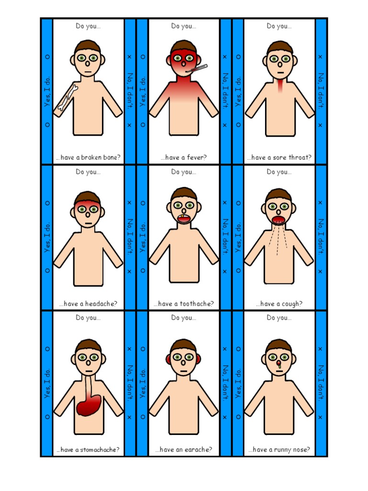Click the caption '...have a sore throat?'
pos(279,157)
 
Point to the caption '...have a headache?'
pos(88,304)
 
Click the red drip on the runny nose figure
pos(279,366)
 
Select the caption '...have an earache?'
pos(184,450)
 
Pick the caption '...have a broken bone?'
pos(88,157)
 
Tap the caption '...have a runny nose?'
pos(279,450)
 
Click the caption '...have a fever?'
pos(184,157)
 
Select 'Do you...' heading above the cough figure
pos(279,172)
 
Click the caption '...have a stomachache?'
pos(88,450)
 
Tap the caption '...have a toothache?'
pos(184,304)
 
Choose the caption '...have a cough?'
pos(279,304)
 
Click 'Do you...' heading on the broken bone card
pos(88,26)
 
